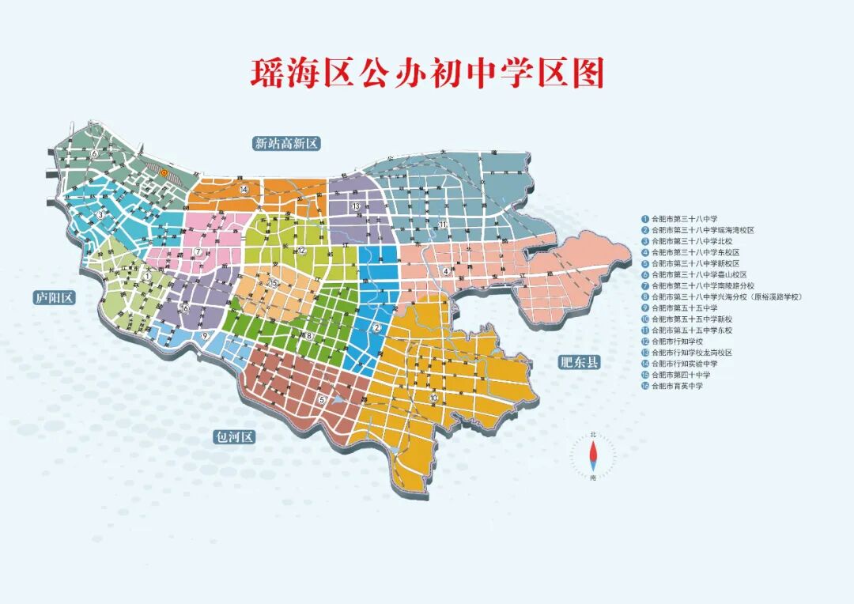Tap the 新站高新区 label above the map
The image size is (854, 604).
(x=285, y=143)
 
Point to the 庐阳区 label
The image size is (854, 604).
(x=54, y=298)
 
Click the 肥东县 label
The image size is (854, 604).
(x=579, y=363)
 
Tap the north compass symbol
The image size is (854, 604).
(x=594, y=458)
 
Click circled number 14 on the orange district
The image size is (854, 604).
(x=244, y=190)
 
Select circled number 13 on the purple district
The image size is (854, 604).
(x=357, y=206)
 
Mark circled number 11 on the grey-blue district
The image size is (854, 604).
(x=444, y=225)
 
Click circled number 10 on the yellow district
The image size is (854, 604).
(x=433, y=397)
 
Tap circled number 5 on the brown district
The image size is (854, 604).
(x=322, y=400)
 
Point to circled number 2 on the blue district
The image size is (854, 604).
(x=377, y=328)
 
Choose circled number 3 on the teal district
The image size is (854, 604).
(x=100, y=215)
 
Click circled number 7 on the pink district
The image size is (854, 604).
(x=198, y=251)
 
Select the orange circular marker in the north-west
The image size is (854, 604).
(x=164, y=170)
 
